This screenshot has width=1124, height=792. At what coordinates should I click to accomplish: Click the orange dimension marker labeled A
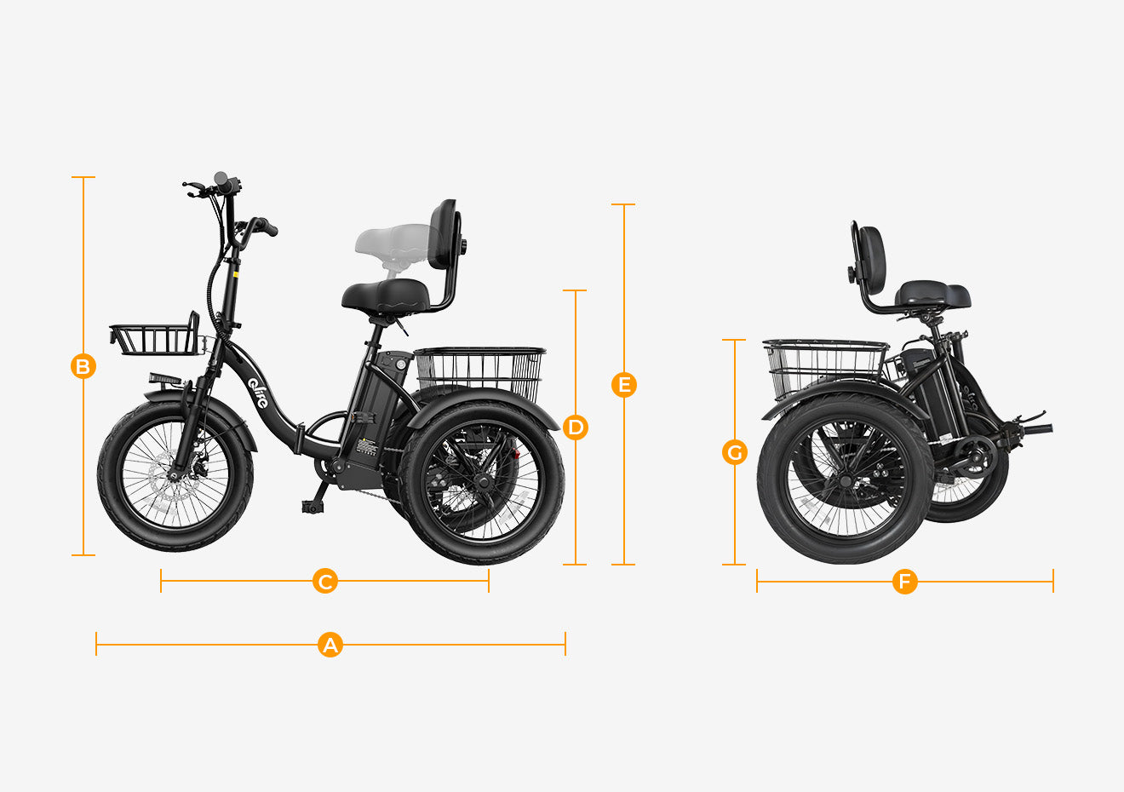(330, 645)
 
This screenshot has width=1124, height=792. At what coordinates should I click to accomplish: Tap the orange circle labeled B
(83, 366)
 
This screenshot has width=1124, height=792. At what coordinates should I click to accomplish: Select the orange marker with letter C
(325, 581)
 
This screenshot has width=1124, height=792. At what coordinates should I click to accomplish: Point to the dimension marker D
(576, 428)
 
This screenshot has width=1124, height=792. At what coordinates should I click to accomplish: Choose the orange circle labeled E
(624, 385)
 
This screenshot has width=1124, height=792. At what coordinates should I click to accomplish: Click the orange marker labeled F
(904, 582)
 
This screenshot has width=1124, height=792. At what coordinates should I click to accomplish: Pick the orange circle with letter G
(735, 452)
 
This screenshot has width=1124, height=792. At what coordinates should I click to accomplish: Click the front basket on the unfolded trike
(155, 336)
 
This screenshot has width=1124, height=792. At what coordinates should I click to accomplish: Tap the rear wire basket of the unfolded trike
(480, 371)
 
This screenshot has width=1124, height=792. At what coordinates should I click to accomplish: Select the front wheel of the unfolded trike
(175, 476)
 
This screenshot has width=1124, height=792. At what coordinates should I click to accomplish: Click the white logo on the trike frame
(258, 393)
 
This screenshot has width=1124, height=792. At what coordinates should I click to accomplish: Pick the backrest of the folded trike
(869, 260)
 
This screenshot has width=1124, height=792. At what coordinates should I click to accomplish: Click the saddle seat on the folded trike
(932, 296)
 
